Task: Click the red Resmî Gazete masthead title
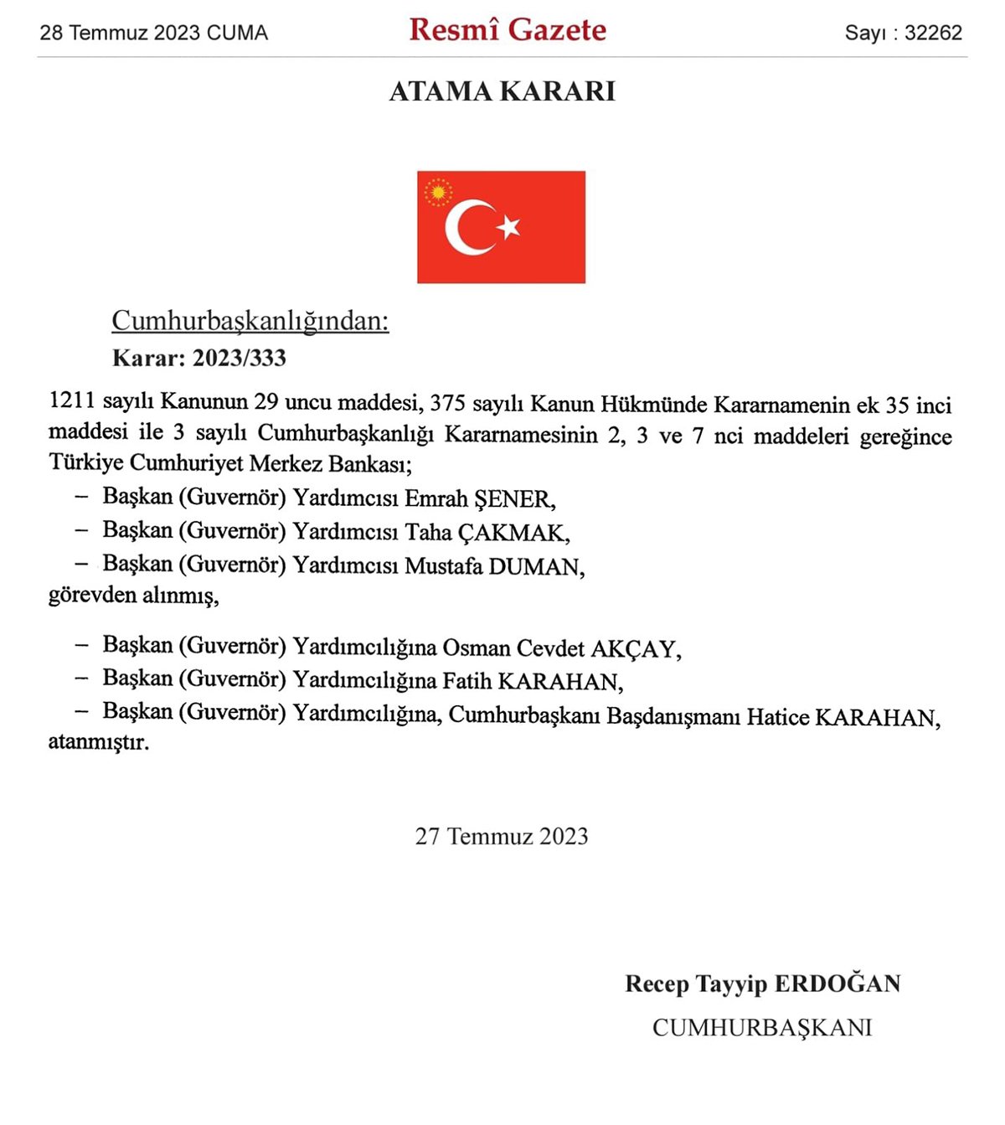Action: pyautogui.click(x=508, y=30)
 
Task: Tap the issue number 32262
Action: pyautogui.click(x=933, y=33)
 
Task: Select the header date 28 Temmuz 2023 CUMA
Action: pyautogui.click(x=154, y=33)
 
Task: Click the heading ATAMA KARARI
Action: pyautogui.click(x=502, y=90)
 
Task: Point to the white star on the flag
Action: pyautogui.click(x=508, y=226)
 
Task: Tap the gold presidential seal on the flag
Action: pyautogui.click(x=437, y=193)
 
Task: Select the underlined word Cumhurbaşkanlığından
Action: pyautogui.click(x=250, y=321)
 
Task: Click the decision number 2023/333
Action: pyautogui.click(x=240, y=358)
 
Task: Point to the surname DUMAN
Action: pyautogui.click(x=536, y=567)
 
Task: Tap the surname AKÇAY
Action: pyautogui.click(x=636, y=649)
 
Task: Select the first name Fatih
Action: pyautogui.click(x=466, y=682)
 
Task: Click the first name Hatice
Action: pyautogui.click(x=777, y=718)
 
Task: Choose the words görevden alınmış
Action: pyautogui.click(x=134, y=596)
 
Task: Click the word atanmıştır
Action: pyautogui.click(x=99, y=742)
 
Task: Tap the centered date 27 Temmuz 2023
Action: pyautogui.click(x=502, y=836)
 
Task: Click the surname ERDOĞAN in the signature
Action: pyautogui.click(x=837, y=983)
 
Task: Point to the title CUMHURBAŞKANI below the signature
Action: pyautogui.click(x=762, y=1028)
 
